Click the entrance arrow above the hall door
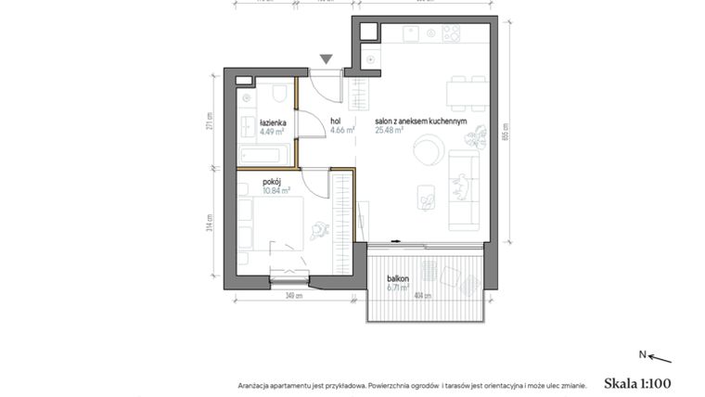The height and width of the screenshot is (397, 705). pyautogui.click(x=326, y=59)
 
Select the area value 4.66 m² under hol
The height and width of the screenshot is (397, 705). pyautogui.click(x=341, y=131)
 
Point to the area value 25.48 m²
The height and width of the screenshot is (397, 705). pyautogui.click(x=389, y=131)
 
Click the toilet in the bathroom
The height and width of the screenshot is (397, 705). pyautogui.click(x=278, y=94)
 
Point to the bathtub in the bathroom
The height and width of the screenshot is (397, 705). pyautogui.click(x=263, y=152)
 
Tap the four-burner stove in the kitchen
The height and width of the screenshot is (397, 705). pyautogui.click(x=452, y=35)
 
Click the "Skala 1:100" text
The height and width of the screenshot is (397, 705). pyautogui.click(x=636, y=381)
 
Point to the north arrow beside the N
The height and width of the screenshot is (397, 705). pyautogui.click(x=659, y=357)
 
